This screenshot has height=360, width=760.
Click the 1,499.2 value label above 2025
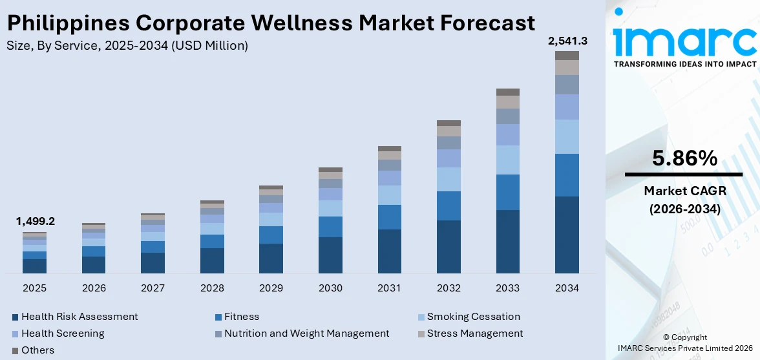click(35, 221)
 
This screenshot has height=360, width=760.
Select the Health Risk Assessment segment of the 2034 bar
click(567, 235)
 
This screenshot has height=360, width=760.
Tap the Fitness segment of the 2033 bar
click(507, 192)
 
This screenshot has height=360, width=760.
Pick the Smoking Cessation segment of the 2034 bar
click(567, 136)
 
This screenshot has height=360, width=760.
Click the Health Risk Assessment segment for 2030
click(330, 255)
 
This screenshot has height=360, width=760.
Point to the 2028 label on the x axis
click(212, 288)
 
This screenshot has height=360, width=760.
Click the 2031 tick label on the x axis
click(390, 288)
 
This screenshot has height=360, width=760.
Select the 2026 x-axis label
click(94, 288)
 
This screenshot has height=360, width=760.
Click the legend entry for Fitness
click(241, 317)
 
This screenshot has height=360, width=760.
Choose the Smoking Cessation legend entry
click(473, 317)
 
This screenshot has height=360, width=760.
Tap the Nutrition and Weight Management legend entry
click(306, 334)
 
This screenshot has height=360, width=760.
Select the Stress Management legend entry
click(474, 334)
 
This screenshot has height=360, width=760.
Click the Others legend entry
click(37, 350)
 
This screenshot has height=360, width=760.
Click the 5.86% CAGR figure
click(684, 158)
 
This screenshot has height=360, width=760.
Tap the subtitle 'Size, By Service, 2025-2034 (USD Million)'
click(127, 46)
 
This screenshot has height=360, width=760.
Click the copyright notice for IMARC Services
click(684, 343)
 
